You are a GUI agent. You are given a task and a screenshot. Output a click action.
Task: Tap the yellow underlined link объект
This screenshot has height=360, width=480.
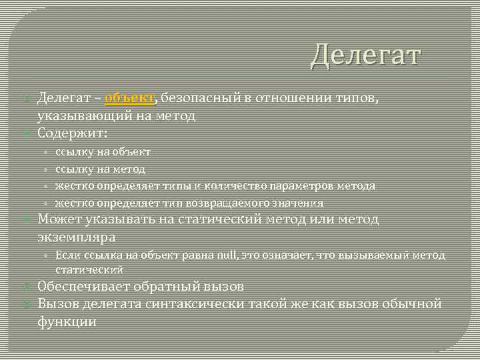coord(130,99)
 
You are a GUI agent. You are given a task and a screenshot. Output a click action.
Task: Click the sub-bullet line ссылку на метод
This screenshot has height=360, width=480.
coord(100,169)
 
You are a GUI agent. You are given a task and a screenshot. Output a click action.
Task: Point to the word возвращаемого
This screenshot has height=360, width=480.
coord(203,203)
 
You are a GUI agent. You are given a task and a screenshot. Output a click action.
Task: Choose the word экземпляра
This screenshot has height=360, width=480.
coord(77,237)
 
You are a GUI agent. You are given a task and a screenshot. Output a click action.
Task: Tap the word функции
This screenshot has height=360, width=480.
coord(67,321)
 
